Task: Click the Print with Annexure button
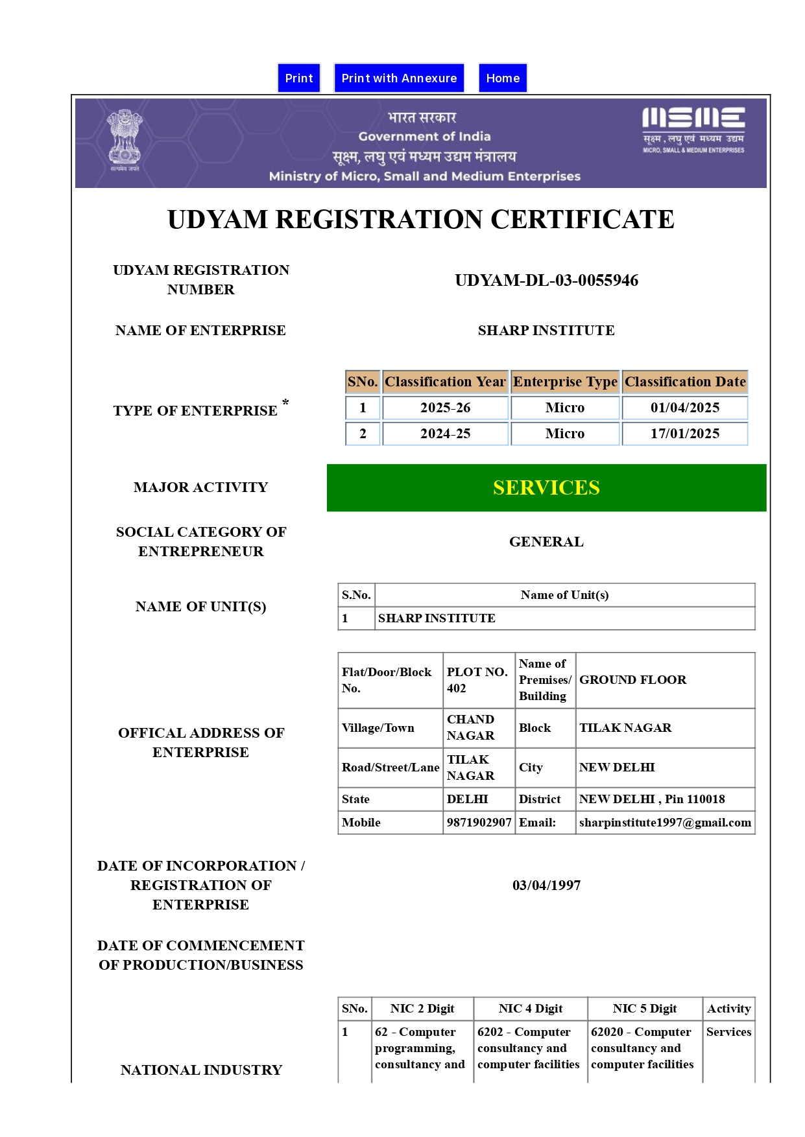tap(399, 78)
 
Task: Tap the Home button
tap(503, 78)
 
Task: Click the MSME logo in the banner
tap(693, 129)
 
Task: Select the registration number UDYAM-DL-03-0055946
tap(546, 280)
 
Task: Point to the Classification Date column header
tap(685, 382)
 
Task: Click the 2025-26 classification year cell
tap(445, 408)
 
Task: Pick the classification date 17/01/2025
tap(685, 434)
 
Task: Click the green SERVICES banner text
tap(546, 487)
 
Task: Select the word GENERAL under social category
tap(546, 542)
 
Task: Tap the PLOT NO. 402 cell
tap(478, 680)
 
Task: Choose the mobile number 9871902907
tap(479, 823)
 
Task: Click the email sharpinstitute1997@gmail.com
tap(665, 823)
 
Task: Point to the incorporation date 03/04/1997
tap(546, 885)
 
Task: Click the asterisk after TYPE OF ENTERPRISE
tap(285, 403)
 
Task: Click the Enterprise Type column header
tap(565, 382)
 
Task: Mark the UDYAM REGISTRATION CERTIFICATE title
tap(420, 220)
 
